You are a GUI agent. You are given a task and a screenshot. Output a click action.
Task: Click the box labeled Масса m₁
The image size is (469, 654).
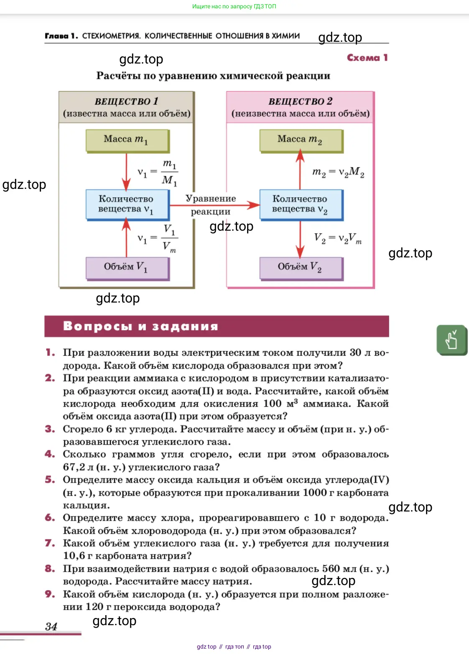(x=127, y=141)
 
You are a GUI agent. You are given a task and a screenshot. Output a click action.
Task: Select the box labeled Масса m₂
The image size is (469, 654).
(x=301, y=141)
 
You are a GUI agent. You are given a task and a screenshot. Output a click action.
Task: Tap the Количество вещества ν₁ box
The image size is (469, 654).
(x=127, y=205)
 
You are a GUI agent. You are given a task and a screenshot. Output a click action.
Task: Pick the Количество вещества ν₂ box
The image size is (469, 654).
(x=301, y=205)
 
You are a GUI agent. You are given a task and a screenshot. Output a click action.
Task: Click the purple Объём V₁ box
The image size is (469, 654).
(x=127, y=269)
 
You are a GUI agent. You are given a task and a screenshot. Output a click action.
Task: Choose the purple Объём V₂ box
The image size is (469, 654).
(x=301, y=269)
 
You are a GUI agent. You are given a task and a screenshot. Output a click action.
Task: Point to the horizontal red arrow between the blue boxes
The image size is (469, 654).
(x=214, y=205)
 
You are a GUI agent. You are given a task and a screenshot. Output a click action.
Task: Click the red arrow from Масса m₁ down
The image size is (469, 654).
(x=127, y=171)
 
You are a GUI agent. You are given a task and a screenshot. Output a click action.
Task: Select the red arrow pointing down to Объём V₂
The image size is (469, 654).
(x=300, y=239)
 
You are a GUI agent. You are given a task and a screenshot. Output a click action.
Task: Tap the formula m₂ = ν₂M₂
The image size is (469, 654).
(x=338, y=172)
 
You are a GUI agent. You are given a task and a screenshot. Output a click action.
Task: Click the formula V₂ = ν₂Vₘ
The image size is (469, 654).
(x=338, y=238)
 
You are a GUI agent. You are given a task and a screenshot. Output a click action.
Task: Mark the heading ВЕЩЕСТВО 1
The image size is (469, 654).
(x=127, y=101)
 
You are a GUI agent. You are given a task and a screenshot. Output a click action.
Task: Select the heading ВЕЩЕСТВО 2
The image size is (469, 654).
(x=301, y=101)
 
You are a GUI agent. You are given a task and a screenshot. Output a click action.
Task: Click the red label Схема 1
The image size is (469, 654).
(x=367, y=58)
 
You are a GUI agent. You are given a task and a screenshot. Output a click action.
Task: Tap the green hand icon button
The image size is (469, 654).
(x=452, y=340)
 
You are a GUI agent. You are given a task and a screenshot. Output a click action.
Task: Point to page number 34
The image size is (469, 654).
(x=51, y=626)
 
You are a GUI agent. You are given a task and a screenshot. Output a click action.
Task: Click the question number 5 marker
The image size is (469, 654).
(x=50, y=480)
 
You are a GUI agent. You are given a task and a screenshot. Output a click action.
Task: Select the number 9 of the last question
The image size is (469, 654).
(x=50, y=594)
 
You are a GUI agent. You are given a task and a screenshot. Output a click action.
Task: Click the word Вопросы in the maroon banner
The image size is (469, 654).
(x=97, y=326)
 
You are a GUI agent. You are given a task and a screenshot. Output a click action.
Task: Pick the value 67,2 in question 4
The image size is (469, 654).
(x=74, y=467)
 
